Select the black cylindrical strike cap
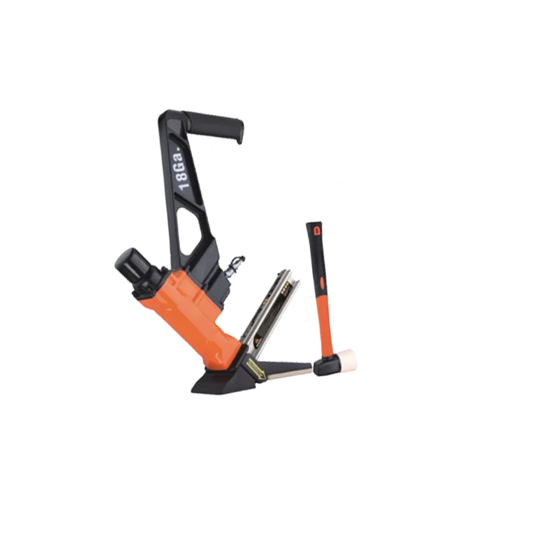(137, 263)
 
